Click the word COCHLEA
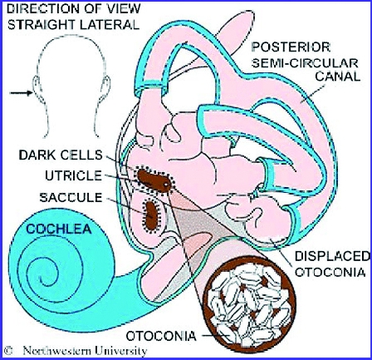[x=59, y=229]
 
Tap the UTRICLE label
[x=73, y=175]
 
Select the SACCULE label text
[x=71, y=198]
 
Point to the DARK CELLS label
[x=61, y=155]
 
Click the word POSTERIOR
[x=291, y=47]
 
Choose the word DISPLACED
[x=332, y=256]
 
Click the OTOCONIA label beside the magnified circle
[x=161, y=336]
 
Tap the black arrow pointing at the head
[x=21, y=93]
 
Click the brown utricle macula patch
[x=154, y=181]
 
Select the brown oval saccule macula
[x=151, y=215]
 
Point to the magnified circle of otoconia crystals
[x=249, y=304]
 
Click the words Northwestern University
[x=85, y=351]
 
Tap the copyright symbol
[x=8, y=351]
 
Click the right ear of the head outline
[x=106, y=87]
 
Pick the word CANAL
[x=338, y=76]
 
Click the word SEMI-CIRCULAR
[x=305, y=63]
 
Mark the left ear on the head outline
[x=37, y=87]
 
